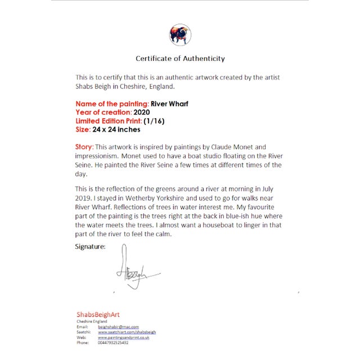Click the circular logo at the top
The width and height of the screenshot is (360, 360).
180,35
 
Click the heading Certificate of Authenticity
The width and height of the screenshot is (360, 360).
180,58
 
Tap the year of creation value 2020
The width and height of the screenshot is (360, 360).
142,112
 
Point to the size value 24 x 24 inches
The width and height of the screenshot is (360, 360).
116,129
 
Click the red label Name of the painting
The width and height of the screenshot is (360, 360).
112,104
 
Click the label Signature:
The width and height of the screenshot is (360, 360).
91,246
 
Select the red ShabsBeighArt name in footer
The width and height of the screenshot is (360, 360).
98,314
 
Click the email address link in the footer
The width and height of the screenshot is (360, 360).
118,326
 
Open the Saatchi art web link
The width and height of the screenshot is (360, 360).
127,332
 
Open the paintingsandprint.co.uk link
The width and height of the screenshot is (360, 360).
123,337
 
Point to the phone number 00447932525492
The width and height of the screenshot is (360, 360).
112,343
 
